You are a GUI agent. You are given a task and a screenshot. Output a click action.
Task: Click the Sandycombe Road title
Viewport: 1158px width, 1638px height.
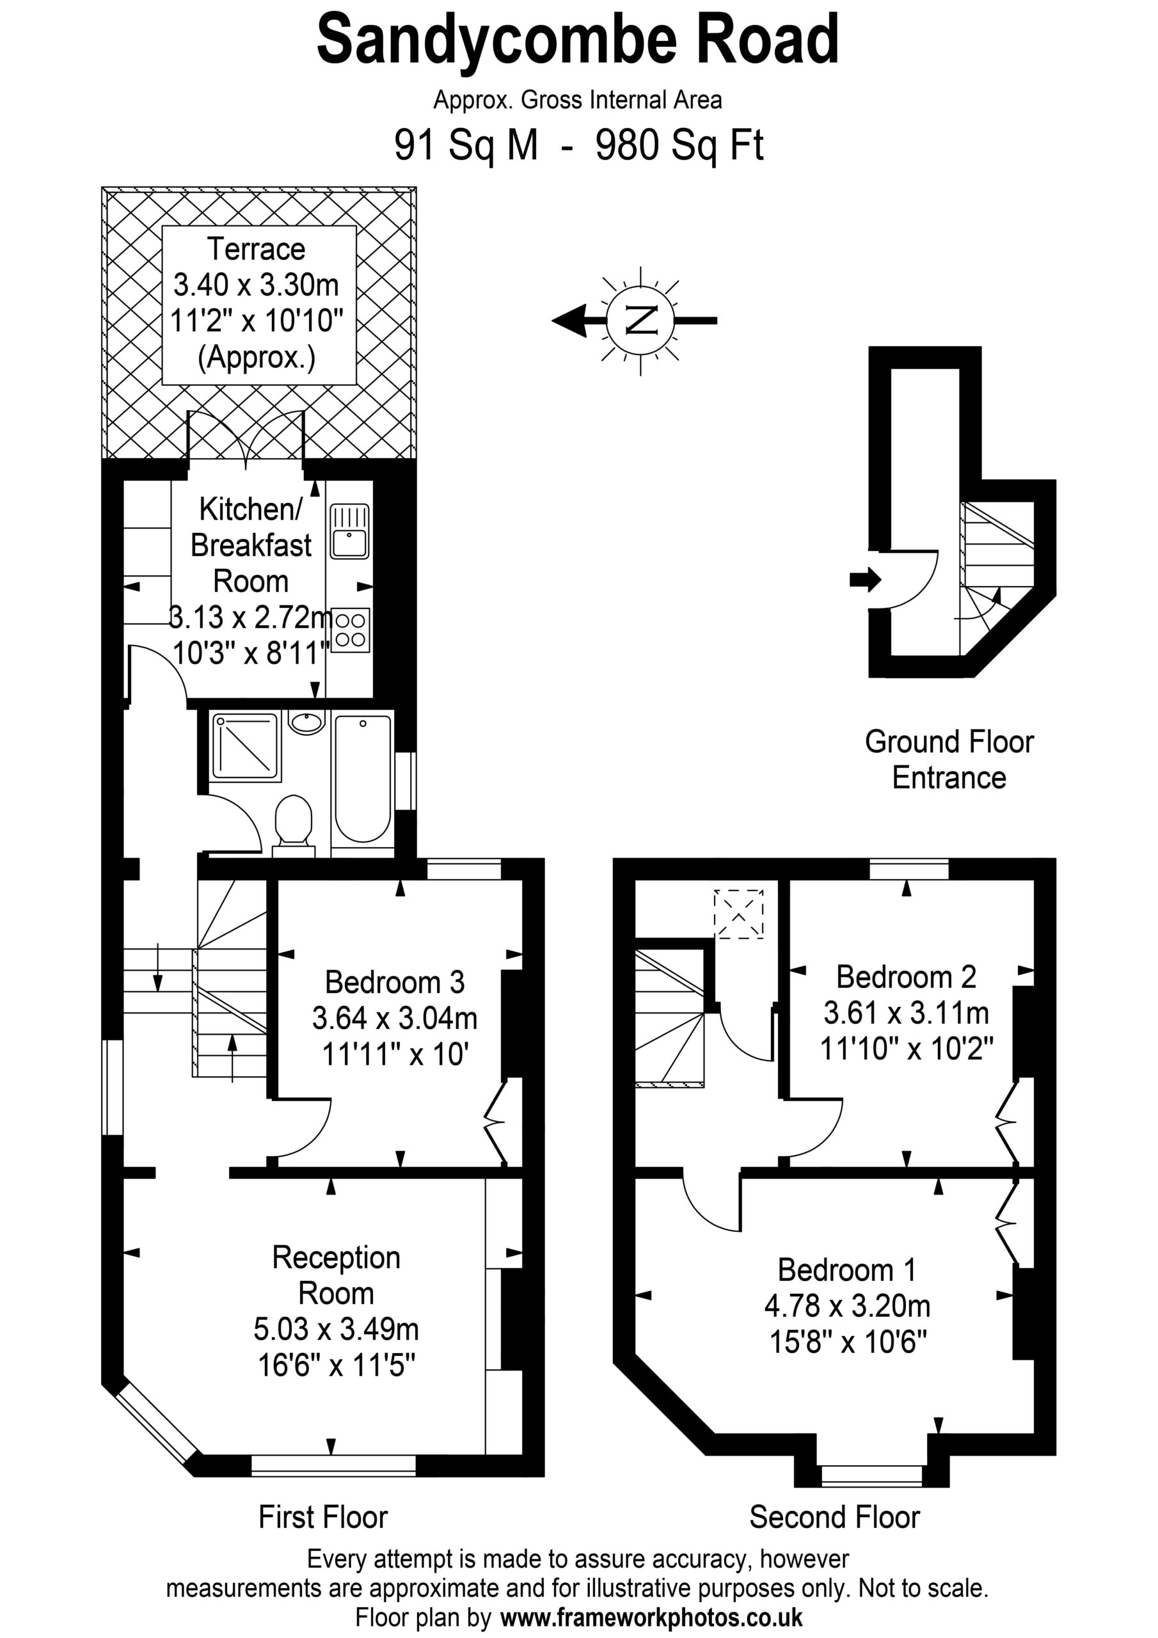point(578,42)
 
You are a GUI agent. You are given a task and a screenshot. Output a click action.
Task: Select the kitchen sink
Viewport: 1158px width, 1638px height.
point(349,531)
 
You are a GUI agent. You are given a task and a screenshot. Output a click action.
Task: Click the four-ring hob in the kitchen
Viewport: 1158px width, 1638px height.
point(351,630)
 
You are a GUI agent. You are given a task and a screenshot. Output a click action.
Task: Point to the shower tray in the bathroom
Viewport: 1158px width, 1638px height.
point(245,745)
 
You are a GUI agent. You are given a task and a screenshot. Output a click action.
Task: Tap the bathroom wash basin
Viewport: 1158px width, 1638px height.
point(307,722)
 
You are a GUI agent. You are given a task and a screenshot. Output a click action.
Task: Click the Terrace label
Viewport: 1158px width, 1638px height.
point(256,249)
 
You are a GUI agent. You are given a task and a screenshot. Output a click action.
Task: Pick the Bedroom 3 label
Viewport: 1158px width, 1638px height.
point(395,982)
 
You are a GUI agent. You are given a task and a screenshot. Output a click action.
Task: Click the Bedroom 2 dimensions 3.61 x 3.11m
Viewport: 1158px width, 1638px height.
point(906,1012)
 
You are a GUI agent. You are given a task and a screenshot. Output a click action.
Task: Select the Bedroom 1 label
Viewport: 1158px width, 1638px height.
point(847,1269)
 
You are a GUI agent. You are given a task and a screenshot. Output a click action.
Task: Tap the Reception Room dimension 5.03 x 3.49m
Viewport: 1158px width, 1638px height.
point(336,1328)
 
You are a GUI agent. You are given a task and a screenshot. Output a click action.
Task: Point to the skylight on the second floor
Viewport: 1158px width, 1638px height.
point(738,914)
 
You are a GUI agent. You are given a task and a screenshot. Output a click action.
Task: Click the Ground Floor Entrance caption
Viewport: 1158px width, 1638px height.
point(949,759)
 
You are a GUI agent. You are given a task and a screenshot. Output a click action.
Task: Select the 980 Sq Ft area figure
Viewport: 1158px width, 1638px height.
point(679,145)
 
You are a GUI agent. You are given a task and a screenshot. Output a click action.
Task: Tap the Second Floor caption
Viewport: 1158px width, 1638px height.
point(835,1518)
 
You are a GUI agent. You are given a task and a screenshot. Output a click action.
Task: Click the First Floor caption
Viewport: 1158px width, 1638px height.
point(322,1518)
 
